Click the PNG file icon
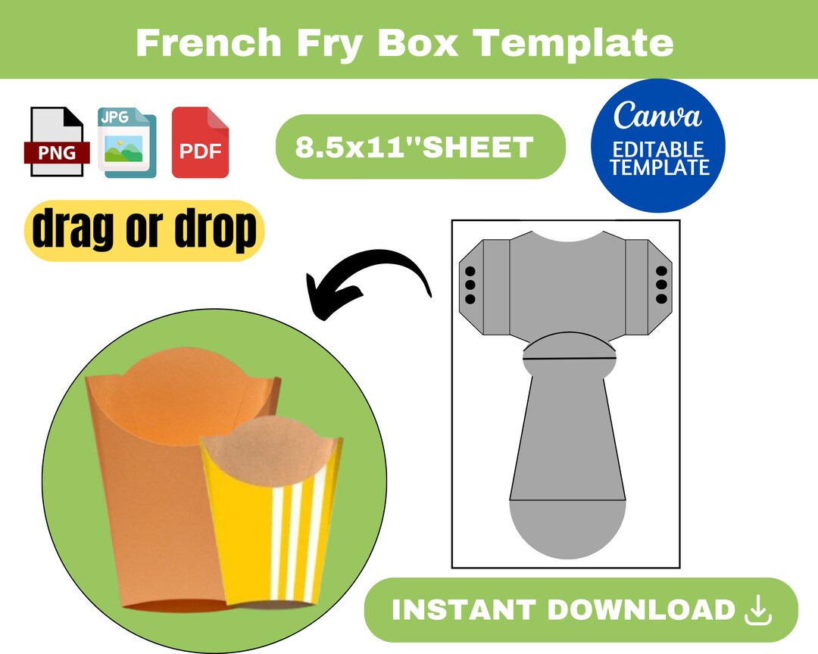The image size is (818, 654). tap(58, 142)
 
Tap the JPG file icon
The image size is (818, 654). tap(126, 142)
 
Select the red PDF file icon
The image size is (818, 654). tap(200, 142)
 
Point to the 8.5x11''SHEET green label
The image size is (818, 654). tap(420, 147)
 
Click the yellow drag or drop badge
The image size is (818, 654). tap(145, 230)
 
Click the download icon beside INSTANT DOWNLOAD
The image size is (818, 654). tap(758, 611)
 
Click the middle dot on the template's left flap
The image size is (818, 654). tap(470, 285)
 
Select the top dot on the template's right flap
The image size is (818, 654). tap(660, 272)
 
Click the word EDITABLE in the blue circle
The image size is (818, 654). tap(657, 149)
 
